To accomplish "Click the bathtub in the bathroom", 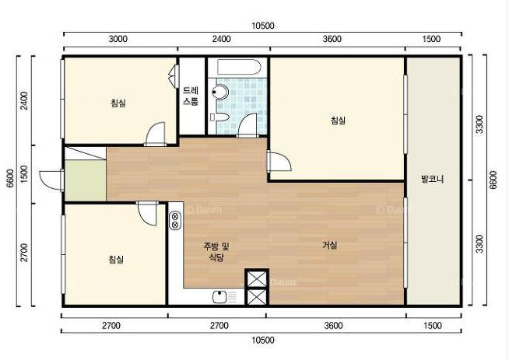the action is [x=239, y=68].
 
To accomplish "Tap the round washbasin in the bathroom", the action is [x=220, y=92].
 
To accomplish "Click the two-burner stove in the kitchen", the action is [x=175, y=220].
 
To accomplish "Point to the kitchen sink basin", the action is [x=219, y=297].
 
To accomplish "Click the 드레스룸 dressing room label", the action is [x=191, y=96].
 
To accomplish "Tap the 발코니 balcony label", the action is [x=432, y=179].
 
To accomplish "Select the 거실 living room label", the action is [x=329, y=245].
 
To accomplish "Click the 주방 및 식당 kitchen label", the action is [x=216, y=252].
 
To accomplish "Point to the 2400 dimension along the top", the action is [x=221, y=39].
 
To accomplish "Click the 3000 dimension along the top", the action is [x=118, y=39].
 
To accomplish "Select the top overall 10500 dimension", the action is [x=263, y=26].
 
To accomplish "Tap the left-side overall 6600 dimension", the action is [x=10, y=178].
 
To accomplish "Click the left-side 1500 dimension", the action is [x=24, y=174].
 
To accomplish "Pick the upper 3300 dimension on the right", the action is [x=479, y=124].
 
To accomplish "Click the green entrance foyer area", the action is [x=86, y=180].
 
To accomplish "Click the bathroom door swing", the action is [x=248, y=125].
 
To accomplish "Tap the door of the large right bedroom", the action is [x=279, y=161].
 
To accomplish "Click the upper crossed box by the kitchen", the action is [x=257, y=278].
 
